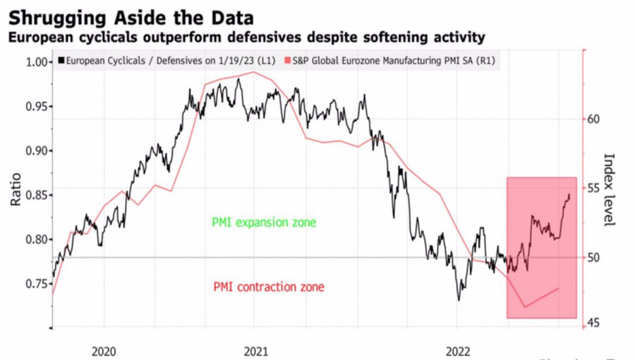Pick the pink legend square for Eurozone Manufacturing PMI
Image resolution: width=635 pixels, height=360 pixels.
coord(286,61)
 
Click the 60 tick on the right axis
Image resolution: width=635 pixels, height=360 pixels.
coord(595,119)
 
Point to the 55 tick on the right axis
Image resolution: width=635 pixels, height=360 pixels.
coord(595,188)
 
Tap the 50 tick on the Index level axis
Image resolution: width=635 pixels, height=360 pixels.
coord(595,258)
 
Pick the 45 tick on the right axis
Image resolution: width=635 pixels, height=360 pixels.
coord(595,323)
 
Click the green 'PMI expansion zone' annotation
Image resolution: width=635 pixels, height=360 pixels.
coord(264,222)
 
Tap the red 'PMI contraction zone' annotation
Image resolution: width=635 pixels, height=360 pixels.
coord(269,287)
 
